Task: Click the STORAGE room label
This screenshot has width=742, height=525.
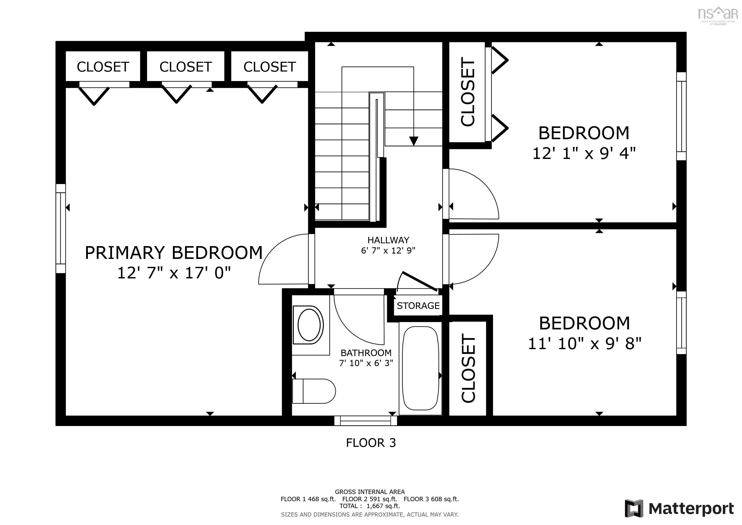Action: [x=418, y=306]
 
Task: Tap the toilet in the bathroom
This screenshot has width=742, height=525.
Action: [x=313, y=391]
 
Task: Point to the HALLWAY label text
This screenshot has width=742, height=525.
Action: [x=388, y=240]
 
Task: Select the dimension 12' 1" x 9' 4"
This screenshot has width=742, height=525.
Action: [x=584, y=153]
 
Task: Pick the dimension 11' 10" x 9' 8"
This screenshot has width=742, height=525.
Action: [x=584, y=343]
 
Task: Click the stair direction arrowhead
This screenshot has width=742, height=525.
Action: [x=414, y=141]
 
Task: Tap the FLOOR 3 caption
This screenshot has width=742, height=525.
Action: [x=371, y=442]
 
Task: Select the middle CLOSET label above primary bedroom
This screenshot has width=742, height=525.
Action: [x=186, y=67]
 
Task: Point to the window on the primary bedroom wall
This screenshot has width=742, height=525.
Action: [x=60, y=229]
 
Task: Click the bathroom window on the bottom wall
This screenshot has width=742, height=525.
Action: [x=366, y=421]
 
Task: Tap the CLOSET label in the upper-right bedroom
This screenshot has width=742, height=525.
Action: [x=468, y=92]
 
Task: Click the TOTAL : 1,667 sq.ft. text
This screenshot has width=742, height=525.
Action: [x=369, y=506]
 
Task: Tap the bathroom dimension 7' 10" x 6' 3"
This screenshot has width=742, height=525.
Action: [x=366, y=363]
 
